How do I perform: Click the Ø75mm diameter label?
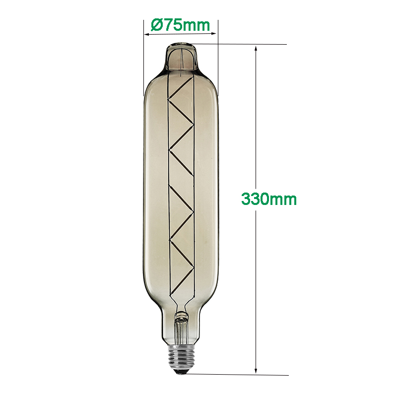pos(180,25)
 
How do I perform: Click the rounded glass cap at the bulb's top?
pos(181,56)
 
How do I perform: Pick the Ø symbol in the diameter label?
pos(155,25)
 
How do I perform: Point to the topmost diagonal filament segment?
pos(181,89)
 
